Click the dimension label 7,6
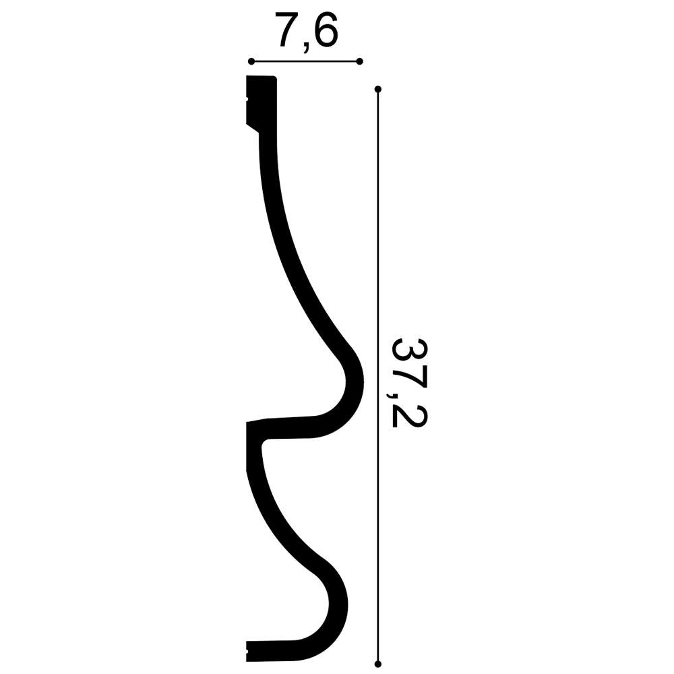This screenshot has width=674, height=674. point(307,31)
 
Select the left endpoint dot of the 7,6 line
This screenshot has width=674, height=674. point(251,61)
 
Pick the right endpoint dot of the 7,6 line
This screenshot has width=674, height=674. point(360,61)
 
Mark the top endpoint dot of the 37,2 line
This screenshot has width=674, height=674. point(378,90)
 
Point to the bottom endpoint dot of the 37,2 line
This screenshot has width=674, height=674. point(378,664)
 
